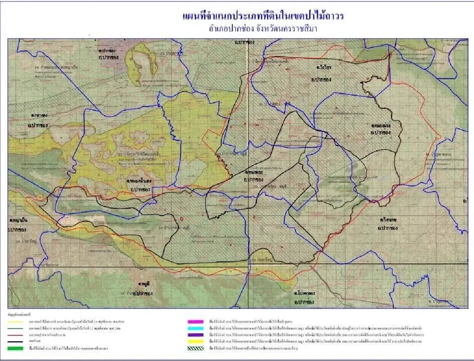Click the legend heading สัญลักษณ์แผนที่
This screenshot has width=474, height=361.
pyautogui.click(x=19, y=315)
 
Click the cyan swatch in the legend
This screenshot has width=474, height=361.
pyautogui.click(x=197, y=327)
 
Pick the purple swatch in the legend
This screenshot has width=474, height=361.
pyautogui.click(x=197, y=334)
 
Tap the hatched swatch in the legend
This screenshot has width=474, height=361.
pyautogui.click(x=197, y=348)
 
